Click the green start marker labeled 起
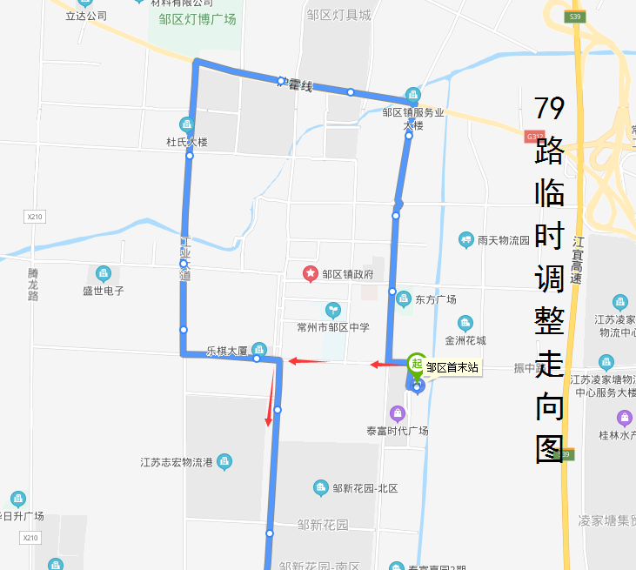tap(417, 364)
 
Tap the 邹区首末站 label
tap(452, 368)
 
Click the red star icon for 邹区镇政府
tap(310, 274)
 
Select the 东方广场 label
tap(436, 299)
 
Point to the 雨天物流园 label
tap(504, 239)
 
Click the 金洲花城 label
tap(465, 340)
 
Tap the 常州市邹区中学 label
tap(332, 327)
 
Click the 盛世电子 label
tap(104, 291)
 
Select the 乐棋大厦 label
tap(227, 352)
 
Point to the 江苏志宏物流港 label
tap(177, 462)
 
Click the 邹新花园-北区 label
tap(365, 488)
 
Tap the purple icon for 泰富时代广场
tap(398, 412)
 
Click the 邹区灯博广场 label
tap(197, 18)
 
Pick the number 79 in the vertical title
tap(549, 108)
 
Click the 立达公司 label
tap(86, 16)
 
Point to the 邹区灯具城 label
tap(338, 14)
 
